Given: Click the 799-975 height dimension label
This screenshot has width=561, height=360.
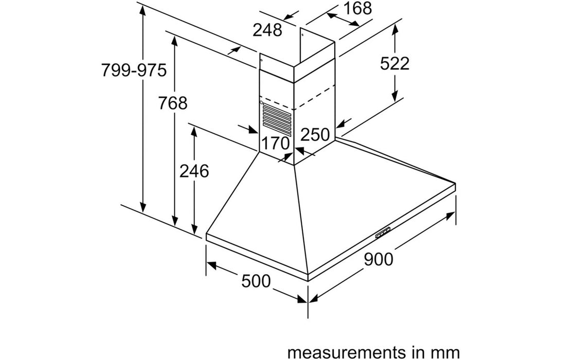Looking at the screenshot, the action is pos(134,70).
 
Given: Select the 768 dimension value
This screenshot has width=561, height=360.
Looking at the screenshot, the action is pos(173,103).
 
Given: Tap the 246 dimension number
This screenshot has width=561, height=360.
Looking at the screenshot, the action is pos(194,171).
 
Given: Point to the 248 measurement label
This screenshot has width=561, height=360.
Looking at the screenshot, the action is pos(267,30).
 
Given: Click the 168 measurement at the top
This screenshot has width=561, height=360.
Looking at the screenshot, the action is pos(357,8).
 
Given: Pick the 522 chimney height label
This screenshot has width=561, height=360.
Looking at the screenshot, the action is pos(394,64).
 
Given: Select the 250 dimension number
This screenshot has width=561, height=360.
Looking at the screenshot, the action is pos(315,135).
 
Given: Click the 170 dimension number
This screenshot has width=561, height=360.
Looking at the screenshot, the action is pos(275,143).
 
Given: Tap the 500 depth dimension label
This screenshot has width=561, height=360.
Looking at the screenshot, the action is pos(256,281).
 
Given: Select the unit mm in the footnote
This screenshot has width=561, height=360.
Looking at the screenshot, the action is pos(447,353).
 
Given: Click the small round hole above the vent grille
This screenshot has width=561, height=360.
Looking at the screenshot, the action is pos(262,103).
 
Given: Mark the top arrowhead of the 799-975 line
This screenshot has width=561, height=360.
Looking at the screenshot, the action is pos(143,11).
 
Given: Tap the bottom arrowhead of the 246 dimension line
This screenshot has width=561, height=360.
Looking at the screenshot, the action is pos(194,229).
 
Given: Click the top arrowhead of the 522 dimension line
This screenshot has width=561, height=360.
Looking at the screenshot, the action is pos(395,29).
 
